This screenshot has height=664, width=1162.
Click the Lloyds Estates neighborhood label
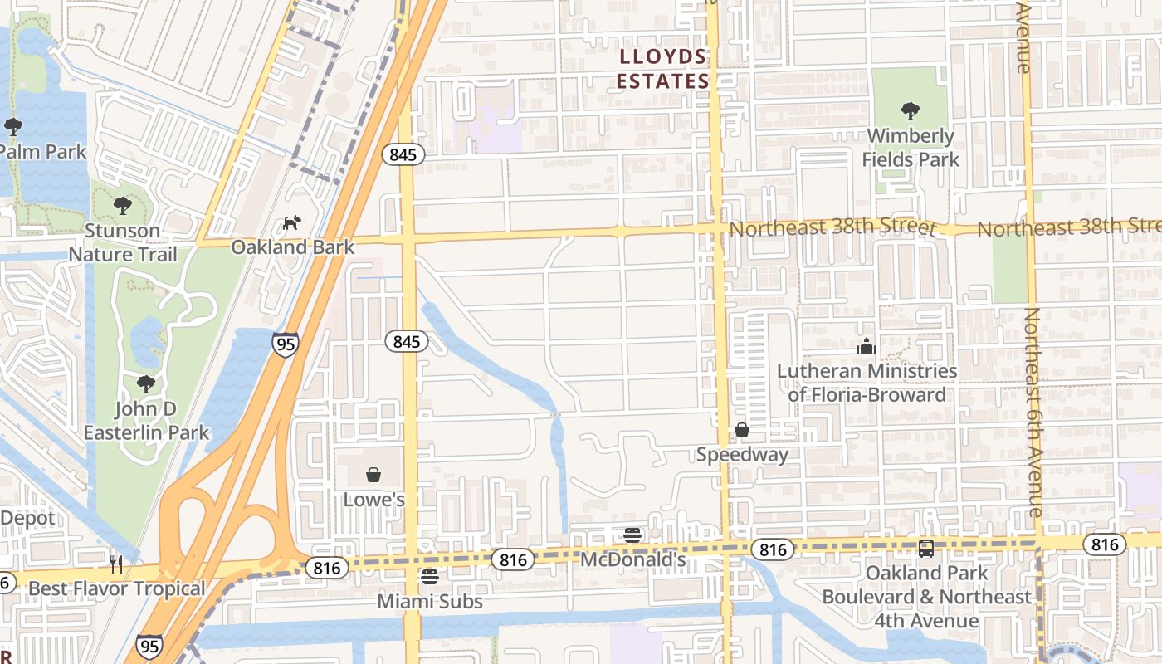[664, 69]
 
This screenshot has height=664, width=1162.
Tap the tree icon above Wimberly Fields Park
[911, 110]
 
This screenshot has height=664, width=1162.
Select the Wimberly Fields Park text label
[911, 147]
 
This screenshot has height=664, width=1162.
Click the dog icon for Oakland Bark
[291, 222]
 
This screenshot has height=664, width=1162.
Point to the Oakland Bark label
[292, 247]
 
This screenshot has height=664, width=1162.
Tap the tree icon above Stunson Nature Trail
[123, 205]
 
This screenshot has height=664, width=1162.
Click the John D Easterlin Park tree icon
[146, 383]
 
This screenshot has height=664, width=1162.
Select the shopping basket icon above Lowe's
[373, 475]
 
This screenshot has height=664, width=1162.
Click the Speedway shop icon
[742, 430]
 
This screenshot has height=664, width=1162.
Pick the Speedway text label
[742, 454]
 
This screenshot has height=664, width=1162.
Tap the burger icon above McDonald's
[632, 535]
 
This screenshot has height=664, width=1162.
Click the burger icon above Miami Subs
[429, 576]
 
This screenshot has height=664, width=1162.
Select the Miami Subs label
[429, 600]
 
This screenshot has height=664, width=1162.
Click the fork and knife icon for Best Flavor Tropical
[116, 564]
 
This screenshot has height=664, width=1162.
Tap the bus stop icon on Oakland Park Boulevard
[926, 549]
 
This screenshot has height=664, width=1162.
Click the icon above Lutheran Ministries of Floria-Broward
[867, 346]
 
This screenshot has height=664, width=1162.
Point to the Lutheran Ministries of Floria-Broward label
[867, 383]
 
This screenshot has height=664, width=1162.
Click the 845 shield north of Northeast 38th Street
[403, 154]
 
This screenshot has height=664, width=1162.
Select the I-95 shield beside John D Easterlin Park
[285, 344]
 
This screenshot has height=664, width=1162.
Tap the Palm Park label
[43, 152]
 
